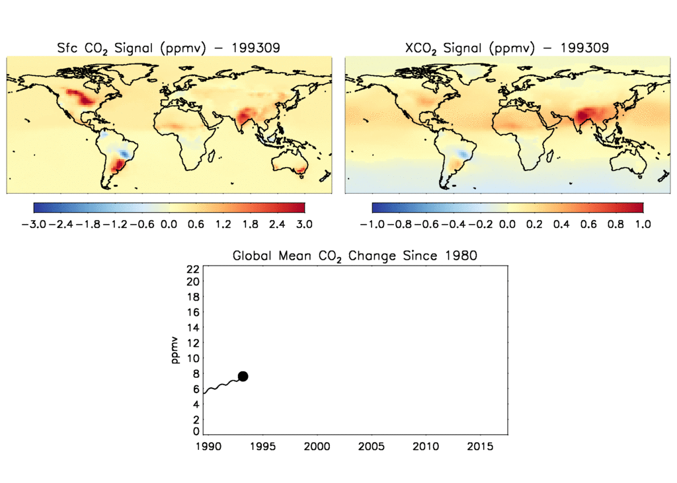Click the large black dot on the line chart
tap(243, 376)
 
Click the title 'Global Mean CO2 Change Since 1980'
tap(354, 256)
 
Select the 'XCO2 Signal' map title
tap(506, 48)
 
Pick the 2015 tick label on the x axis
tap(480, 447)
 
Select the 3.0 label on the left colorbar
tap(304, 224)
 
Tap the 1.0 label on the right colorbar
tap(643, 224)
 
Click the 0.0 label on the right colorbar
tap(507, 224)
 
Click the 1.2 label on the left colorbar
tap(223, 224)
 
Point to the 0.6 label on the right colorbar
tap(588, 224)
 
